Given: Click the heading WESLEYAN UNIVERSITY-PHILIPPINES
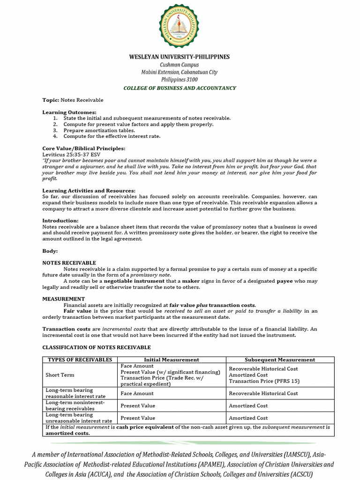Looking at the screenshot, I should tap(180, 57).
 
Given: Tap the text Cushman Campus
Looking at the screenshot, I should tap(180, 65).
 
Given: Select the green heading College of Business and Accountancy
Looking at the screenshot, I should tap(180, 88).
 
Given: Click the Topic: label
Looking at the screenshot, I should tap(51, 100).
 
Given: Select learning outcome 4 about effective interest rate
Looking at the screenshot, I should tap(112, 136).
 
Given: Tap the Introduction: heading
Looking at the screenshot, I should tap(60, 220).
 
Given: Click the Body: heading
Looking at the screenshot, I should tap(50, 251).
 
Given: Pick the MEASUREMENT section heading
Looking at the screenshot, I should tap(64, 299).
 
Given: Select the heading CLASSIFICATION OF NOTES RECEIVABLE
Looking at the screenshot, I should tap(97, 347).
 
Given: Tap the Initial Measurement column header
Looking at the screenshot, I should tap(172, 360).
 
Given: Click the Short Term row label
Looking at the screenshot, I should tap(60, 375).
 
